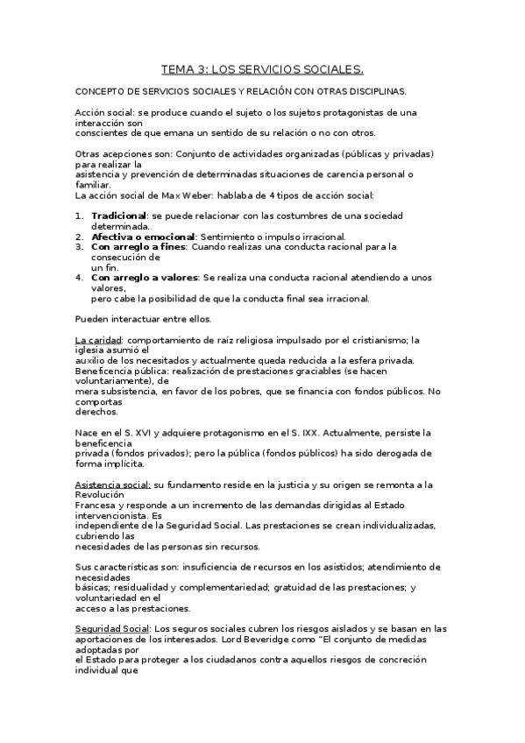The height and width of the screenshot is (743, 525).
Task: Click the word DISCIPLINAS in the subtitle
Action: click(x=371, y=90)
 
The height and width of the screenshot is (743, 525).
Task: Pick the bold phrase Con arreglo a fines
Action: click(x=138, y=247)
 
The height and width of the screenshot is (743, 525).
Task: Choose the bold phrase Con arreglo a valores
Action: click(x=144, y=278)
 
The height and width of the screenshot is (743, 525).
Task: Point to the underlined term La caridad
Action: click(x=96, y=340)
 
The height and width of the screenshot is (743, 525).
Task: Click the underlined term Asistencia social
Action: click(x=113, y=485)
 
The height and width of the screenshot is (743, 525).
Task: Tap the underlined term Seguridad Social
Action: click(x=112, y=628)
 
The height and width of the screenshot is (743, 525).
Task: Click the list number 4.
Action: click(x=79, y=278)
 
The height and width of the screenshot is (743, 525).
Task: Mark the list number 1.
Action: click(x=79, y=216)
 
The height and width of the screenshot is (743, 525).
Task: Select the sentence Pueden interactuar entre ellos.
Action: click(x=143, y=319)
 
